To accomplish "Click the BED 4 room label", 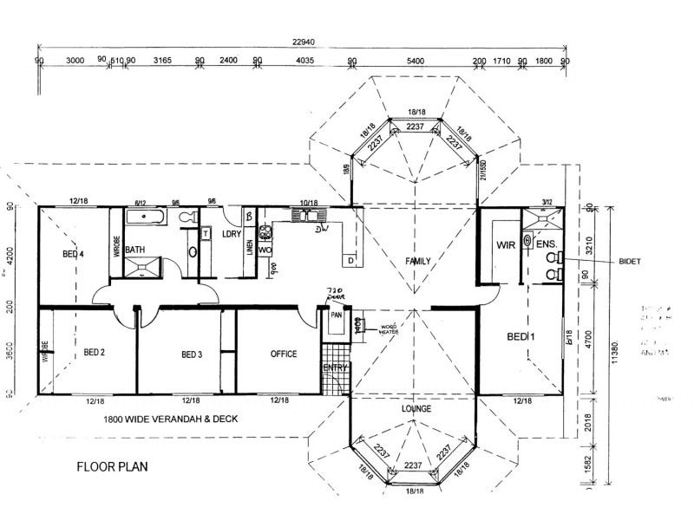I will [x=74, y=254].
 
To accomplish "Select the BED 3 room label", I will [x=192, y=354].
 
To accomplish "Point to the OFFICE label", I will [x=284, y=354].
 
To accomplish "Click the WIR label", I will [x=507, y=245].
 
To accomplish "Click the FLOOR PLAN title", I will [x=113, y=466].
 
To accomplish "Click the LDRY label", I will [x=231, y=235].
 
